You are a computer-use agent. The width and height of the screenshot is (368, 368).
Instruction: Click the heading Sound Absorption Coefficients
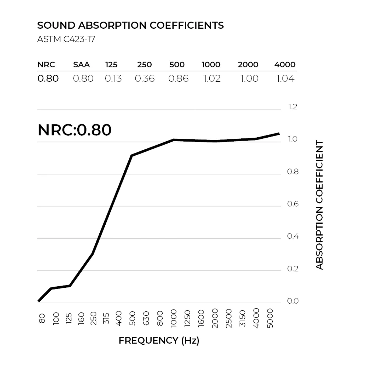131,25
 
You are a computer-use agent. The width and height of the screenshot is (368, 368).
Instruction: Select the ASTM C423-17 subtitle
66,39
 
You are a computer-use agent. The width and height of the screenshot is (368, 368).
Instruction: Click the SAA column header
81,65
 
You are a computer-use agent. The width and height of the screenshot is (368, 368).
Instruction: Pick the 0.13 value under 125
113,78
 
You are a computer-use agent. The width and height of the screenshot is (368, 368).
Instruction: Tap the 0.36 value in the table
145,78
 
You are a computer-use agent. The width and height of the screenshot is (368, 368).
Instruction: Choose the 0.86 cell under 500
178,78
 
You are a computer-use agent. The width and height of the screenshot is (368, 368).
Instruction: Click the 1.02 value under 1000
211,78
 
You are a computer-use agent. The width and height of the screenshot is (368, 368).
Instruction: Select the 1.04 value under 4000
285,78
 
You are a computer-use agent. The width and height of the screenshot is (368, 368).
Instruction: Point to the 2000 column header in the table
248,65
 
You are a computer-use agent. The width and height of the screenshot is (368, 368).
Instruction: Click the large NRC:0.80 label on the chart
74,130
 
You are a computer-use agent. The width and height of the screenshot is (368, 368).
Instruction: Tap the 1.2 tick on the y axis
292,107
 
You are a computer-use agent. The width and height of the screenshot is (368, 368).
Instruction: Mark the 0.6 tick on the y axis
292,204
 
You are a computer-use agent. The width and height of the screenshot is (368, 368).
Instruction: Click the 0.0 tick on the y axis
292,301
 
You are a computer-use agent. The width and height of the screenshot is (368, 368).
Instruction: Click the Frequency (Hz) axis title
159,341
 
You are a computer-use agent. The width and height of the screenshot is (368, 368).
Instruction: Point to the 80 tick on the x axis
42,318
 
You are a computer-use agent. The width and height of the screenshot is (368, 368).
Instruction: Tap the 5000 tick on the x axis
270,319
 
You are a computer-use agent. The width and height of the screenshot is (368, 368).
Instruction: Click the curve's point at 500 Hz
131,155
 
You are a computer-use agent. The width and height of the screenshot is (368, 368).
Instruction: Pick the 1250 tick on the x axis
188,319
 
